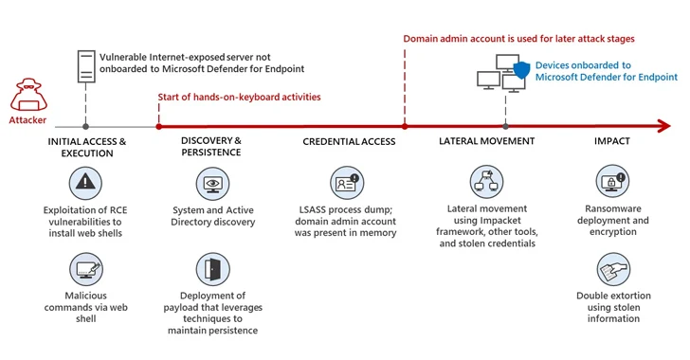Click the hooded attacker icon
[x=28, y=94]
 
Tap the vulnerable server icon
[x=86, y=66]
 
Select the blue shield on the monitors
[x=522, y=70]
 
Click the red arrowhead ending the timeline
[x=663, y=126]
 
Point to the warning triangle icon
[x=85, y=183]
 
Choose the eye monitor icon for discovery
[x=212, y=184]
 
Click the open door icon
[x=212, y=269]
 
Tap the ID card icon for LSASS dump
[x=347, y=183]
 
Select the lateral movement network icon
[x=487, y=182]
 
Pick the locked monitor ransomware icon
[x=612, y=181]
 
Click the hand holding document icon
[x=613, y=269]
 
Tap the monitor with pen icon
[x=86, y=269]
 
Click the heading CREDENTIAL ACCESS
[x=349, y=142]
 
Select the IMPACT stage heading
[x=612, y=141]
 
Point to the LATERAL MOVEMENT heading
[x=487, y=141]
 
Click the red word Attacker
[x=27, y=120]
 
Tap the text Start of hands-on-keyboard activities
[x=240, y=98]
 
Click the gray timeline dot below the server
[x=86, y=127]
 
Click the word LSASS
[x=313, y=209]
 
